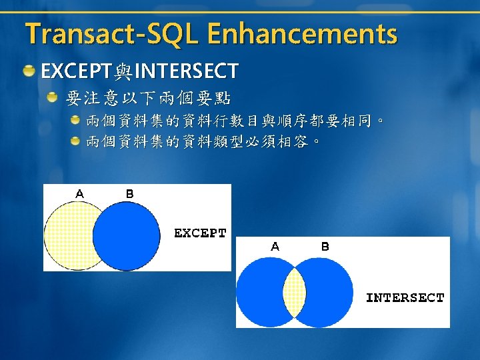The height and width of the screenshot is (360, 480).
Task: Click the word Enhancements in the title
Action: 303,33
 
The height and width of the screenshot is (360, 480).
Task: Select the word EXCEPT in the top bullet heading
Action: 76,71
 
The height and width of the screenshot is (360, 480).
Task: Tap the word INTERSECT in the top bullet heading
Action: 187,71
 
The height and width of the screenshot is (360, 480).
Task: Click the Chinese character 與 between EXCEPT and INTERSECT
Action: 123,71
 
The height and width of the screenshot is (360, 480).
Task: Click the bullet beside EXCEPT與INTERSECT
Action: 29,71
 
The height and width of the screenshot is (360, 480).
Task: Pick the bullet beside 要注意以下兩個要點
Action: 52,97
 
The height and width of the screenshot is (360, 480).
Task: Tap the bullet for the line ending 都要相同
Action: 75,120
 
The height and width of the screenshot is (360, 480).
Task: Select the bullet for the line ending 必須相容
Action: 75,141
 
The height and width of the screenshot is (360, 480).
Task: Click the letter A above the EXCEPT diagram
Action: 79,194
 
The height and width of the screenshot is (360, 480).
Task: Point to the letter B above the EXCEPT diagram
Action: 130,194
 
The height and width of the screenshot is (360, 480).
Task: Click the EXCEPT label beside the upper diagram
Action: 200,233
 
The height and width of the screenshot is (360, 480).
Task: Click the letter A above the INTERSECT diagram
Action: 275,247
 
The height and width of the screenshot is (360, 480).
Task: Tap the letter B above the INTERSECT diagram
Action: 325,247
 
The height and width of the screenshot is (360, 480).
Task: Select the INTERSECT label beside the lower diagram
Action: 405,298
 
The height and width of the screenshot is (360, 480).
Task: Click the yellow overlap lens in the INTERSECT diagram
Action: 294,293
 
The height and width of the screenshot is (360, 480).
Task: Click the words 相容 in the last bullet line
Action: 293,141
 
